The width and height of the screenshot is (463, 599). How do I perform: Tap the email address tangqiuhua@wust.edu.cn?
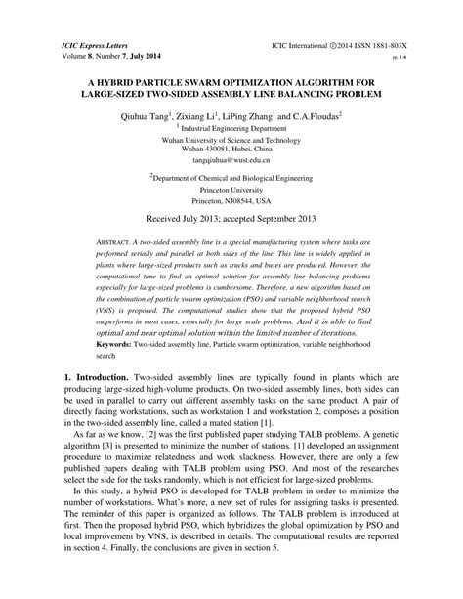[231, 158]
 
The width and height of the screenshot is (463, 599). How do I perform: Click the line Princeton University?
[231, 191]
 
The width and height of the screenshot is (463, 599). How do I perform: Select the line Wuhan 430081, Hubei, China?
[231, 148]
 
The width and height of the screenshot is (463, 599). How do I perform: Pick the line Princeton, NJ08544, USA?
[231, 201]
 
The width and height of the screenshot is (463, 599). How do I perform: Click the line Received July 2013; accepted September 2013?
[231, 221]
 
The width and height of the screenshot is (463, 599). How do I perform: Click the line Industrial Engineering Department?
[231, 127]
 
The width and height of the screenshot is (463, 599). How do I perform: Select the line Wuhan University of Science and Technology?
[231, 138]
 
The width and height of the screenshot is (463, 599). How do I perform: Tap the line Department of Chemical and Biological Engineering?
[231, 180]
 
